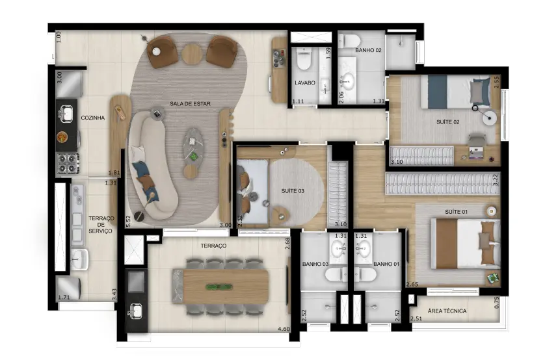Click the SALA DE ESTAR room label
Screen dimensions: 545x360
coord(190,103)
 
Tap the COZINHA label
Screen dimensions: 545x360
coord(93,118)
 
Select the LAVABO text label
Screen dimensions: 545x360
coord(305,83)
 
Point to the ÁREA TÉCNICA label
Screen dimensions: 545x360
coord(447,311)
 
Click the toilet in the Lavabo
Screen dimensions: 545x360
coord(304,58)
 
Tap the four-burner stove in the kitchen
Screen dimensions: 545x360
coord(68,163)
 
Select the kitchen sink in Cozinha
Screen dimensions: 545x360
coord(66,113)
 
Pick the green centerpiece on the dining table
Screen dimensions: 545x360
coord(219,287)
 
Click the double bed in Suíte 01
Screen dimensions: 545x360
coord(465,243)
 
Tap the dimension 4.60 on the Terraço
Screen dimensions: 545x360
coord(284,329)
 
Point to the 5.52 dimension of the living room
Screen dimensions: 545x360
coord(128,221)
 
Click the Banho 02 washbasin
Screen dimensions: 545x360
coord(347,82)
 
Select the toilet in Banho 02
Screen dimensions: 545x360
coord(349,41)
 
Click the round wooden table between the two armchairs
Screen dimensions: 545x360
coord(192,53)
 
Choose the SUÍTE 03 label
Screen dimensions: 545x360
coord(293,191)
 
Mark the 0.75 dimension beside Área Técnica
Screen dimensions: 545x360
coord(496,302)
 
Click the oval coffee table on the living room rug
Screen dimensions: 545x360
coord(194,146)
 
